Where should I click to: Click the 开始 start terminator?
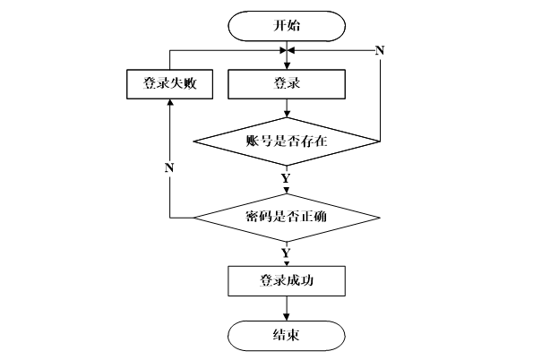tap(287, 26)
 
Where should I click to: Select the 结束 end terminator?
tap(287, 336)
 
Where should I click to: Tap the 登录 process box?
tap(287, 84)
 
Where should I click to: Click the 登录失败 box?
tap(169, 84)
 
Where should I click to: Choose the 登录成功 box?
tap(287, 281)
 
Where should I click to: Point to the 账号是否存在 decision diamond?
tap(287, 141)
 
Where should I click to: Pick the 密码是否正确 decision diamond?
tap(287, 218)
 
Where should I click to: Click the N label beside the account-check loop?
tap(380, 51)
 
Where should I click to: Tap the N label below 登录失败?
tap(169, 167)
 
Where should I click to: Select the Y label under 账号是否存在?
tap(286, 178)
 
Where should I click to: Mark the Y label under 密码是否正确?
tap(286, 253)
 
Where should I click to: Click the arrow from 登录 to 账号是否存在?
tap(287, 108)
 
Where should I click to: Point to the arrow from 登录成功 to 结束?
tap(287, 308)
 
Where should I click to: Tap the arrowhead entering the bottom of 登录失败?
tap(170, 102)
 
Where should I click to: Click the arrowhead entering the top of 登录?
tap(287, 66)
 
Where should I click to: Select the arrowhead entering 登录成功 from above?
tap(287, 264)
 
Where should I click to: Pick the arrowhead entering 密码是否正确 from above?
tap(287, 192)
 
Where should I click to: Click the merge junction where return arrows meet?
tap(287, 51)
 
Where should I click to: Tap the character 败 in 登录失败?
tap(190, 83)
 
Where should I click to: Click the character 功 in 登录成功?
tap(306, 281)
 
